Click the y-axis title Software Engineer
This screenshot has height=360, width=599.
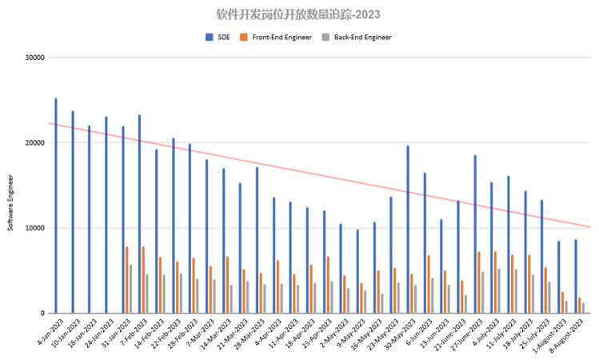tap(11, 205)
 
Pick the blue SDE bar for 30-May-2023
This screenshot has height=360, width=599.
tap(407, 229)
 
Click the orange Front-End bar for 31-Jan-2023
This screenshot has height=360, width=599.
tap(126, 279)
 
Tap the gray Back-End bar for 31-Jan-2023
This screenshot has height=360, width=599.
tap(130, 288)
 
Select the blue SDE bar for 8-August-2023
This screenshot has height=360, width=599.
tap(575, 276)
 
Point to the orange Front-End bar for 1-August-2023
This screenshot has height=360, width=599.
tap(562, 302)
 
